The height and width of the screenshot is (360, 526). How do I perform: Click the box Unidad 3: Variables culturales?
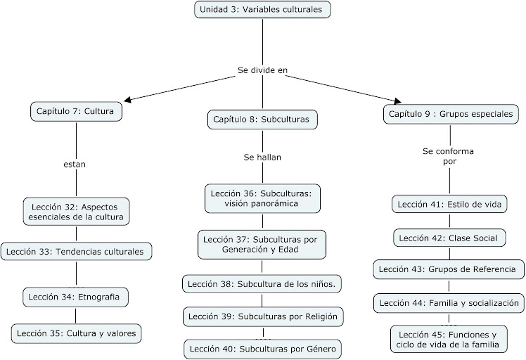262,9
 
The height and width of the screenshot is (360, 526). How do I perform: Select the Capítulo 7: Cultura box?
76,111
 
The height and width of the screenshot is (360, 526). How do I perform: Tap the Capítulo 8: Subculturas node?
262,120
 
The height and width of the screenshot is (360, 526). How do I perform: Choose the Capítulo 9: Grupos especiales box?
451,114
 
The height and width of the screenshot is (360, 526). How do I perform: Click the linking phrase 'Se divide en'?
263,70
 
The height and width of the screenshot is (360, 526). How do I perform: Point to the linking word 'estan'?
75,165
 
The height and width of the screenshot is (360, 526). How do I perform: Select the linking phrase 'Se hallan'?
262,157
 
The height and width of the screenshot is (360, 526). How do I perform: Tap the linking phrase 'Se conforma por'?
449,156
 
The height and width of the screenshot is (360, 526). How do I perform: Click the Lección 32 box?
76,212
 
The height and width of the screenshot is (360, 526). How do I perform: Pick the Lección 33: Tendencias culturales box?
76,252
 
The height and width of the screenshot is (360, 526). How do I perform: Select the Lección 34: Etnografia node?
75,297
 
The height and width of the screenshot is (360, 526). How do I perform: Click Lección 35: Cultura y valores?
76,333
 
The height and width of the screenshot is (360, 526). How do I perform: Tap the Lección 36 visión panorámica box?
262,198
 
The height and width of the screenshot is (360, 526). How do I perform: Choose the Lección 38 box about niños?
262,284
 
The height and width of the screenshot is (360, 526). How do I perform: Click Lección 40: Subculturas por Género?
263,349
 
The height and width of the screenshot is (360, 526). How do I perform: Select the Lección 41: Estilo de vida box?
449,205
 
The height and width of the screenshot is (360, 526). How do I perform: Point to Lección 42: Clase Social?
449,238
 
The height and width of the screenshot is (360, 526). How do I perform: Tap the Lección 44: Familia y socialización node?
449,303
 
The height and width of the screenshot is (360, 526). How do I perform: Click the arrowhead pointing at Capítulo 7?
127,99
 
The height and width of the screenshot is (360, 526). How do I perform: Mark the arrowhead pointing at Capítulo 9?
398,101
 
